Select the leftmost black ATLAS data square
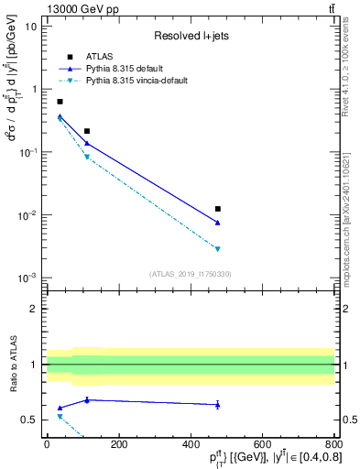(60, 102)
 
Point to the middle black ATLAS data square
(87, 131)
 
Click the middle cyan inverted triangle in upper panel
(87, 158)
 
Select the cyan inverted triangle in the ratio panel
(60, 416)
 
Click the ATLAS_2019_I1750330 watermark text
(191, 274)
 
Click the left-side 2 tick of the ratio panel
(34, 309)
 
